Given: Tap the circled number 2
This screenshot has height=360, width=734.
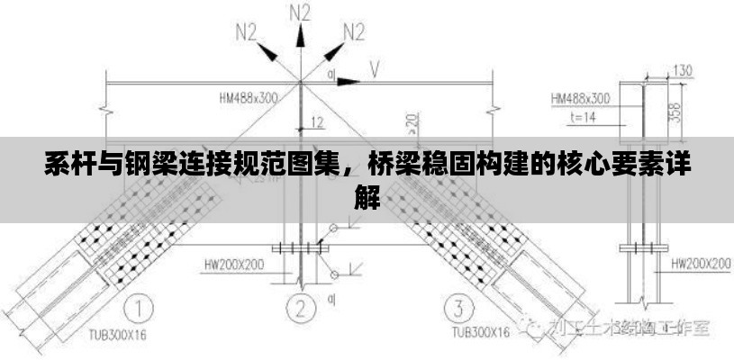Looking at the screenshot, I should coord(301,309).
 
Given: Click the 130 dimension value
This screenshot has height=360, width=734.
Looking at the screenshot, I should coord(683,70).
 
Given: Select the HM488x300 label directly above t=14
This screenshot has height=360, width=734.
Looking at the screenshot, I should coord(580,97).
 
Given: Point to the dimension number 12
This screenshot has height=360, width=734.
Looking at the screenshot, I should coord(317,121).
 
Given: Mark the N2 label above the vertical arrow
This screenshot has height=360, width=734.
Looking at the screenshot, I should coord(301,13).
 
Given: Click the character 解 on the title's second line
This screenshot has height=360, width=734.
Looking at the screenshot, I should coord(367,195).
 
